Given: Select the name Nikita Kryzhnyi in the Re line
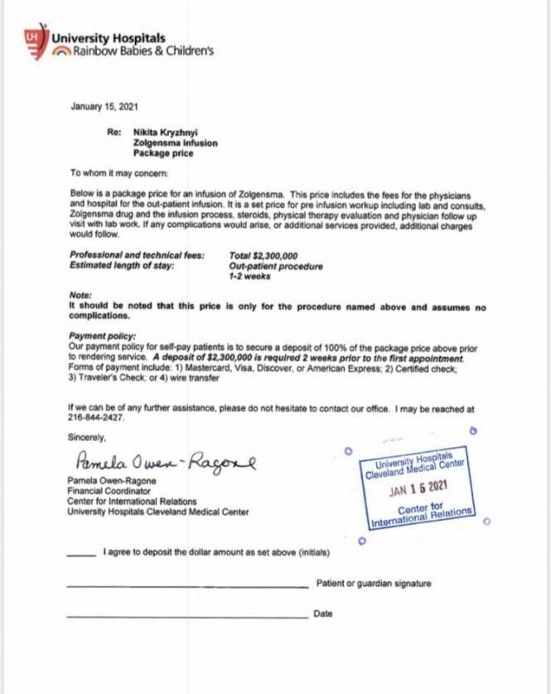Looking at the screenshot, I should [168, 132].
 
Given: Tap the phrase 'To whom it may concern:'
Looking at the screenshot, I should [119, 172].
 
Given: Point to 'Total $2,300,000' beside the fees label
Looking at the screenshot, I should [263, 256].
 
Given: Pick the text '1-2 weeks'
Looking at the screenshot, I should [247, 275].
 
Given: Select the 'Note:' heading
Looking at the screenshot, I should [80, 296].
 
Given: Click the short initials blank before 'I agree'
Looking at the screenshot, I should [81, 553].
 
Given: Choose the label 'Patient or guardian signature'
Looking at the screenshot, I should [374, 584].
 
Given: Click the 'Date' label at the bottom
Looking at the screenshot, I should [323, 614].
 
